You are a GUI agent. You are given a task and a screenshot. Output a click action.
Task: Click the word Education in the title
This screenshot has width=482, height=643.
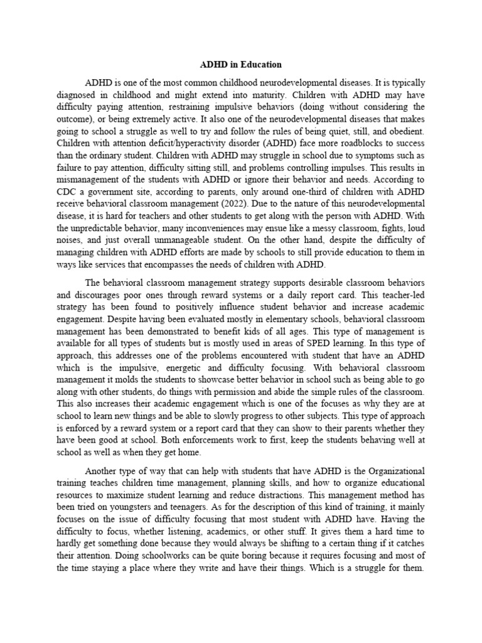tap(262, 65)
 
